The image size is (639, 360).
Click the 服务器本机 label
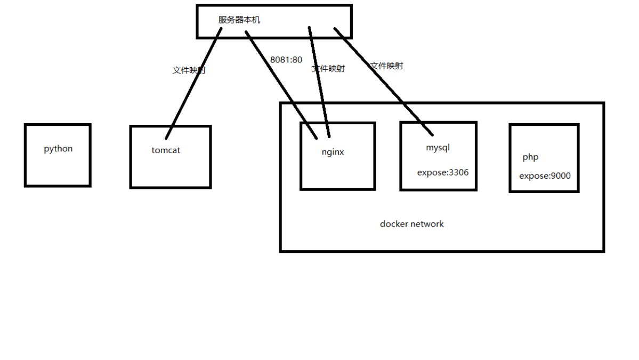(239, 20)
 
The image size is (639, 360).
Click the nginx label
(333, 152)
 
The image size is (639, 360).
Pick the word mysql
(438, 147)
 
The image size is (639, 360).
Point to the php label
(530, 157)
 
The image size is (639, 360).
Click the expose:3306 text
(443, 172)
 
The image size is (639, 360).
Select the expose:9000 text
(545, 175)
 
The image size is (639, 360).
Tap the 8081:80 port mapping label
(286, 60)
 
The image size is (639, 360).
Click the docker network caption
(411, 224)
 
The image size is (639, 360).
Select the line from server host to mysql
(384, 80)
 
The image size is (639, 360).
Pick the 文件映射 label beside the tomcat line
(189, 70)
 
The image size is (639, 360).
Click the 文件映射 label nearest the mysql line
(387, 66)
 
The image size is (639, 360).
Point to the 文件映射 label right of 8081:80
(328, 69)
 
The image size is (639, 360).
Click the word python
(58, 149)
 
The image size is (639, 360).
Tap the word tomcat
(166, 150)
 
